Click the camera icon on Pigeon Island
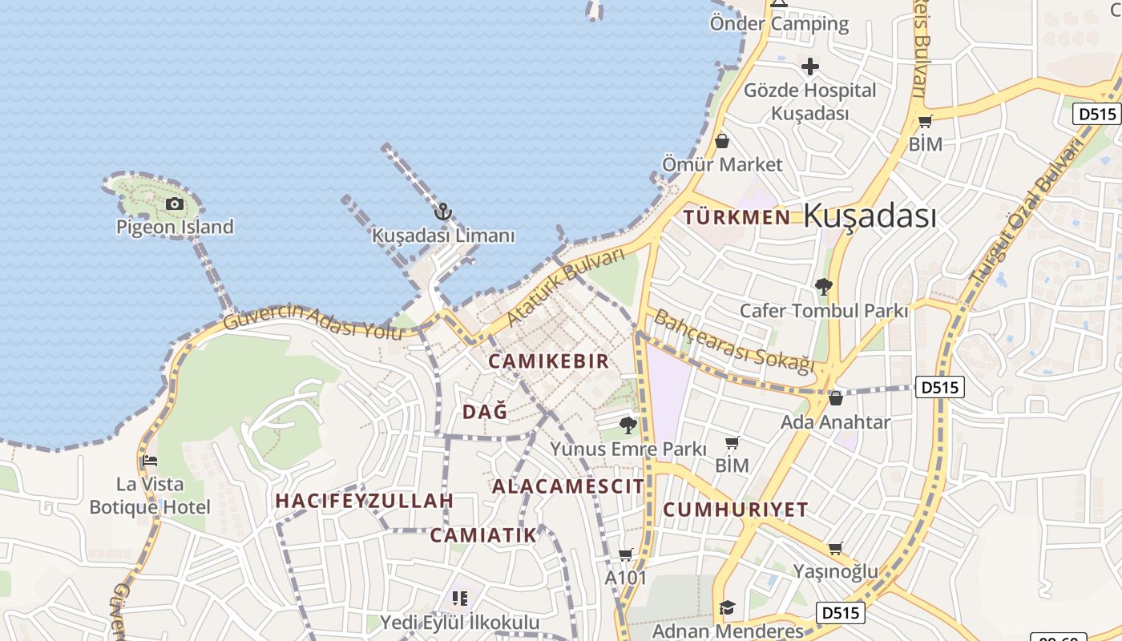pos(174,204)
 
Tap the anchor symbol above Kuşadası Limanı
pos(442,212)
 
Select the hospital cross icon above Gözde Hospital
pos(810,67)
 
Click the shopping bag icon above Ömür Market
pos(722,142)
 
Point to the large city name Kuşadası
pos(870,216)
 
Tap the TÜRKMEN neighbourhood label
pos(737,217)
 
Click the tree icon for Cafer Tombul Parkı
pos(823,286)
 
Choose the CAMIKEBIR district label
pos(549,361)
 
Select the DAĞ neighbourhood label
pos(485,412)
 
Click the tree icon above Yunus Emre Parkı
pos(628,425)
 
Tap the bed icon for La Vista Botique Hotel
pos(149,462)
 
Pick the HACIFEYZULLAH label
pos(365,502)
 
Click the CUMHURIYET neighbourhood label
pos(736,510)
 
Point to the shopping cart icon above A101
pos(626,554)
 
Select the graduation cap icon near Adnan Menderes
pos(727,607)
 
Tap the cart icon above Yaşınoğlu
pos(835,548)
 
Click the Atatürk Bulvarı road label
pos(565,287)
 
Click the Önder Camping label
pos(779,24)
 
